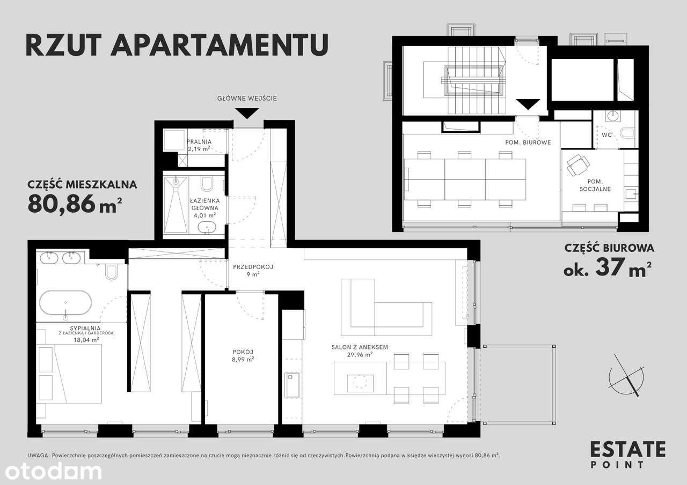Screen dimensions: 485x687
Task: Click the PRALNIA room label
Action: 199,142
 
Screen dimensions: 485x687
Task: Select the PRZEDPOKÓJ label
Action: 246,266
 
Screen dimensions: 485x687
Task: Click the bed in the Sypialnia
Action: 69,374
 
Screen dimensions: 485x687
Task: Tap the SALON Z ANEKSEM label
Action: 359,347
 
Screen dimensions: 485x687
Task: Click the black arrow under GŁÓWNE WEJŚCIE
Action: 248,113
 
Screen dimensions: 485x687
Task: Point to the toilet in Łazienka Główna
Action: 207,185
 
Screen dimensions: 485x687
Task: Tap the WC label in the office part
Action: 606,135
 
